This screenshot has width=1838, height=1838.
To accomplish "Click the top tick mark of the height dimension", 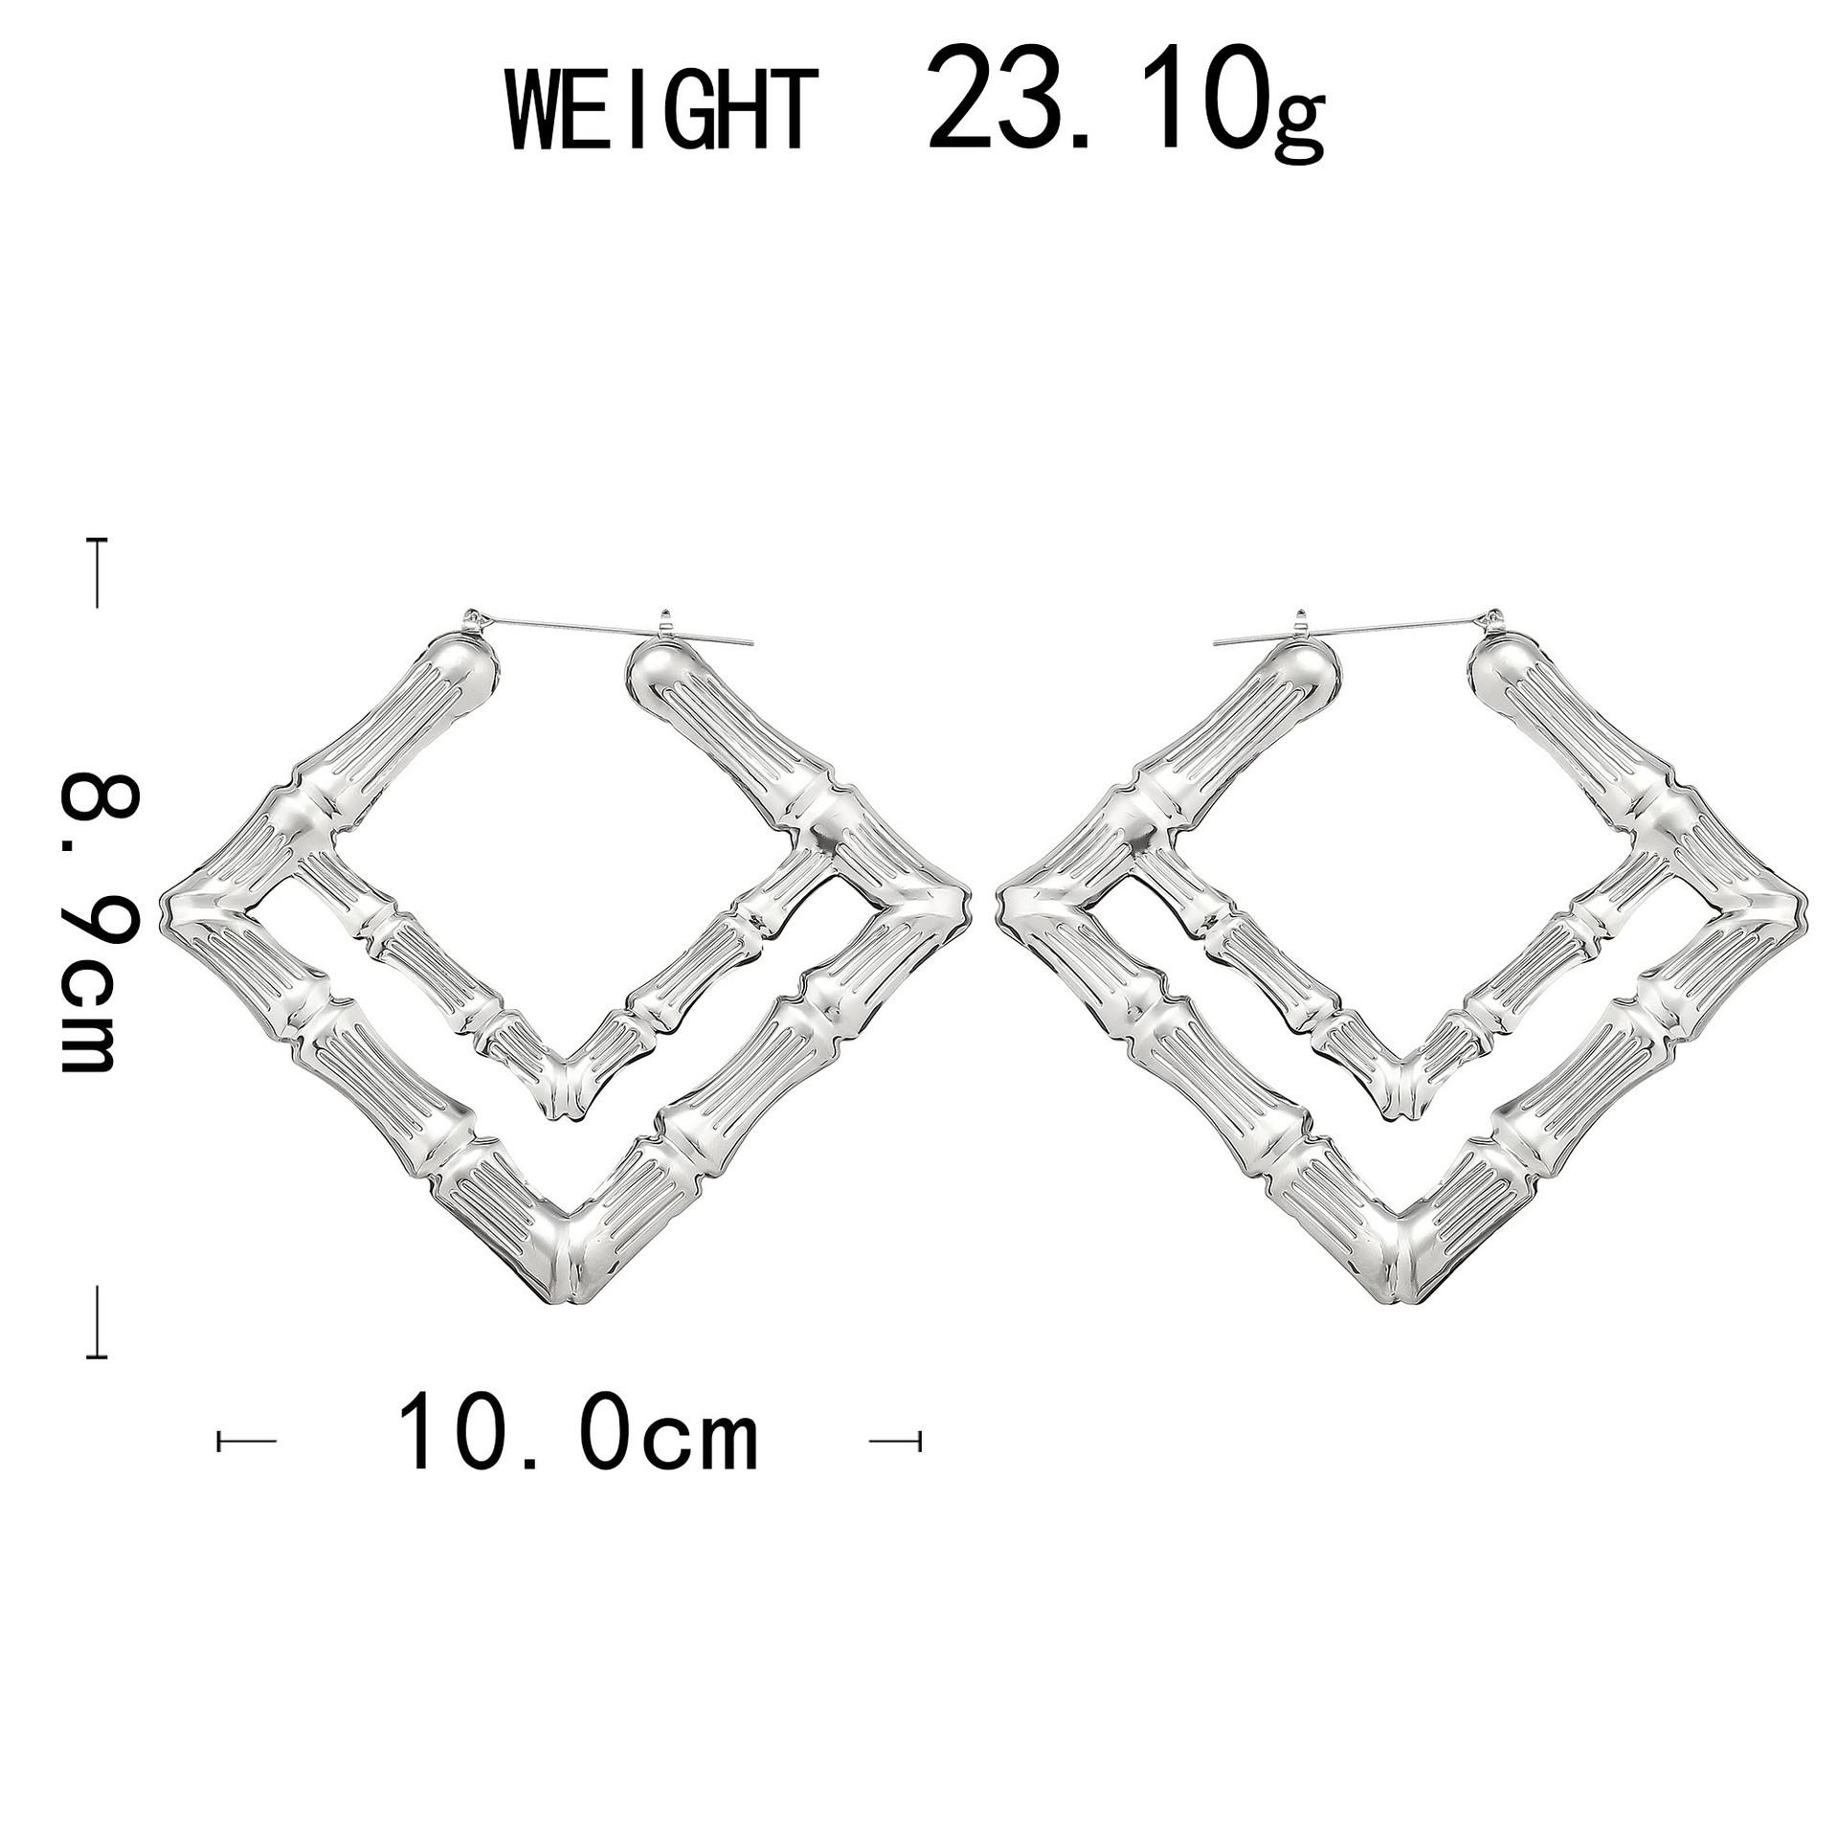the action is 97,572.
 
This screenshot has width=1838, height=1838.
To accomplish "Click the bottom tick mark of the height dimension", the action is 96,1322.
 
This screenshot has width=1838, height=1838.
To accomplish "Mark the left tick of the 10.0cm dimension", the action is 246,1440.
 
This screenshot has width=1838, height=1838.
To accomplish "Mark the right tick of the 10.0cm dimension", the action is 894,1440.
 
